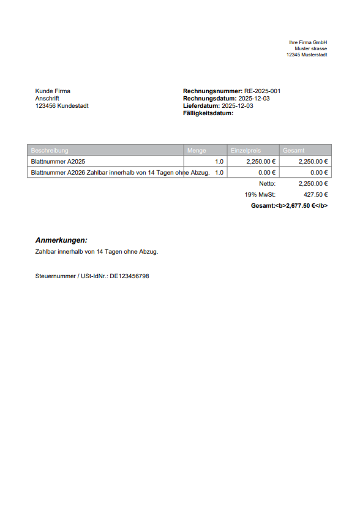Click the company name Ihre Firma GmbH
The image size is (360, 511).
(x=308, y=42)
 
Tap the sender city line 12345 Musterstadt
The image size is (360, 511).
(x=307, y=55)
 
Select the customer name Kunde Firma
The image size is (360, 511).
(x=53, y=91)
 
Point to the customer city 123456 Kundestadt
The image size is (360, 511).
(x=62, y=105)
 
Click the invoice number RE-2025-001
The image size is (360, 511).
(x=262, y=91)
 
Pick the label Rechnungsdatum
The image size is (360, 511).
(x=209, y=98)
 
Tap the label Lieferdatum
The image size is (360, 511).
(x=201, y=105)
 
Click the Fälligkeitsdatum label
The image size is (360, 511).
(x=208, y=113)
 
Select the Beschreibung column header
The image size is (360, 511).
(x=50, y=150)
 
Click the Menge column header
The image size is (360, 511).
(x=197, y=150)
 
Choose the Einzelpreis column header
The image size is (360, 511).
(x=246, y=150)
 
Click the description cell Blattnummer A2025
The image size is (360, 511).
(x=58, y=162)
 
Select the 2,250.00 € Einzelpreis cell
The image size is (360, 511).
(x=260, y=162)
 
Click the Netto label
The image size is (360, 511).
(x=267, y=183)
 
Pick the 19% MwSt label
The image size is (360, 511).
(x=260, y=194)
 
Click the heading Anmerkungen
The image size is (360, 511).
(x=61, y=240)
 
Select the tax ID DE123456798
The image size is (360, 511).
(x=129, y=276)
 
